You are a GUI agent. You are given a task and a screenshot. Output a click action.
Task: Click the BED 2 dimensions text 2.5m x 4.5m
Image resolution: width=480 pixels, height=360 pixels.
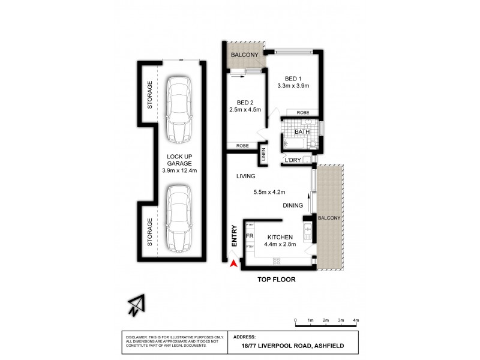click(x=245, y=110)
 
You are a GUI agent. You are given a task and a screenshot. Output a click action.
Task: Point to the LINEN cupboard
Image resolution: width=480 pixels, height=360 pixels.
click(x=263, y=155)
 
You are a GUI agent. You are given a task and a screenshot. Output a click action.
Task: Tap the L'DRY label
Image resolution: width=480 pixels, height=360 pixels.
click(x=292, y=160)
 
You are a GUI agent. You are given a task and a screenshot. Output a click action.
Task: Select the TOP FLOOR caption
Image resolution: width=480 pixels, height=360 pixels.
click(x=277, y=280)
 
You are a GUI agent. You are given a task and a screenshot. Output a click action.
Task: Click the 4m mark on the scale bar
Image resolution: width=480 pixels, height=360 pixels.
click(x=356, y=321)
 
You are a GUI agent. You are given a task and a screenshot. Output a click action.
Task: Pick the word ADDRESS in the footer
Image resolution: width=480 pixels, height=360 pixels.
click(x=244, y=337)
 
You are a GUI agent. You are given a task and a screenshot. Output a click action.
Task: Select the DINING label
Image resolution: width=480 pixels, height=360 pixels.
click(x=293, y=205)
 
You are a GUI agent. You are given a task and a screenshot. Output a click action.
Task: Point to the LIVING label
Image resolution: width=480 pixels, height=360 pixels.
click(x=246, y=176)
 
